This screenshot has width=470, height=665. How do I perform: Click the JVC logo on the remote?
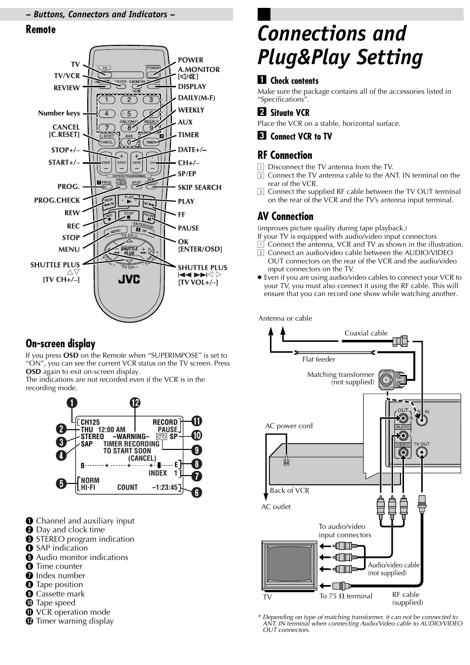click(129, 279)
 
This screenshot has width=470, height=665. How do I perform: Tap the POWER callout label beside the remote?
click(190, 60)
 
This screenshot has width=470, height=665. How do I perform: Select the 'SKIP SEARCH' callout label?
click(199, 187)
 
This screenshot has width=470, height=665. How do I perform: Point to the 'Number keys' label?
click(59, 113)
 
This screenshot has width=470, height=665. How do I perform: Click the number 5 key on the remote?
click(129, 113)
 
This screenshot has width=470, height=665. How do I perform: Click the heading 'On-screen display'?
click(61, 343)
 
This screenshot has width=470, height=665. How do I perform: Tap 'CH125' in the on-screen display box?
click(90, 422)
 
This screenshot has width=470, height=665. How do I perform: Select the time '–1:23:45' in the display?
click(165, 487)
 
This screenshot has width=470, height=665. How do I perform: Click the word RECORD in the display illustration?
click(165, 422)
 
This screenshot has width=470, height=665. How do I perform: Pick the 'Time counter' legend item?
click(59, 566)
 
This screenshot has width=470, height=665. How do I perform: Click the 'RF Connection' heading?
click(285, 155)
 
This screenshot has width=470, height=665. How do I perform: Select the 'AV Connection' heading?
click(285, 216)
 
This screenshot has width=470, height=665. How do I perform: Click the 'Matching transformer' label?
click(340, 374)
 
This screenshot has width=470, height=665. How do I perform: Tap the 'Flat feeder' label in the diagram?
click(318, 359)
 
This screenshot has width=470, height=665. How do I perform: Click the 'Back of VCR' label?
click(289, 490)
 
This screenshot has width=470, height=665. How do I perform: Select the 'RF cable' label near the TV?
click(405, 594)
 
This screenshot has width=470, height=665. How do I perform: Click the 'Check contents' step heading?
click(294, 81)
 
